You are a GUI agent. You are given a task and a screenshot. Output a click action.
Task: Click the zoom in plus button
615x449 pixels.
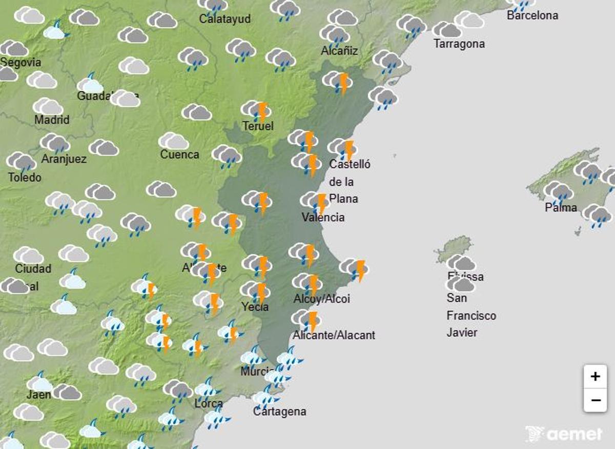[x=595, y=377]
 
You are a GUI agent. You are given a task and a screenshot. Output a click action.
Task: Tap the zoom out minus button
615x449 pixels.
[x=595, y=400]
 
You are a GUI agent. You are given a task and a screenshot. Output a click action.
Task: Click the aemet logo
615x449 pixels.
[x=564, y=434]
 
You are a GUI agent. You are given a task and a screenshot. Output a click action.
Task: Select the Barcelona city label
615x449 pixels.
[x=532, y=15]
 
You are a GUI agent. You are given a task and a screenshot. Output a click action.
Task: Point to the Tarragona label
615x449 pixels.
[x=459, y=44]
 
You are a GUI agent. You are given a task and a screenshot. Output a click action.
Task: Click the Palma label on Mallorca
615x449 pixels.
[x=561, y=208]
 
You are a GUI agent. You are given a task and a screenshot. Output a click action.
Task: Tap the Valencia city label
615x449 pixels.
[x=323, y=217]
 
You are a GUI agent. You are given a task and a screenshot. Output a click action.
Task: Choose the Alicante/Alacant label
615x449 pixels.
[x=334, y=335]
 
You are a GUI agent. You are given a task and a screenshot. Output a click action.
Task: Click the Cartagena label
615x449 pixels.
[x=279, y=412]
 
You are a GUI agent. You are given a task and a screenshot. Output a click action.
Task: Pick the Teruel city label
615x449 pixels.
[x=258, y=126]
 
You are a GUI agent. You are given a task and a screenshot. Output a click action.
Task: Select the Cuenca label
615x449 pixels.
[x=179, y=154]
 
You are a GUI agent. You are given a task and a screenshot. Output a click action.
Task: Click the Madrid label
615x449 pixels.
[x=52, y=120]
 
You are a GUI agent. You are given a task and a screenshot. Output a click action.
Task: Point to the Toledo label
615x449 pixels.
[x=25, y=178]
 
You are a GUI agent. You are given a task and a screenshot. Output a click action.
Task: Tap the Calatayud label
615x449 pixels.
[x=224, y=19]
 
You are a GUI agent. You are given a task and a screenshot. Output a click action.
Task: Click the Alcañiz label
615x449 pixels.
[x=339, y=51]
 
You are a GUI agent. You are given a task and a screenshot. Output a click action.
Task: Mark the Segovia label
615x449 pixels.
[x=20, y=63]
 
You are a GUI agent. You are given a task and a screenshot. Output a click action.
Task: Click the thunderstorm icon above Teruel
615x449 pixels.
[x=256, y=110]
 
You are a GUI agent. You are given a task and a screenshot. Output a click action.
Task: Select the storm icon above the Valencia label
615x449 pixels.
[x=315, y=201]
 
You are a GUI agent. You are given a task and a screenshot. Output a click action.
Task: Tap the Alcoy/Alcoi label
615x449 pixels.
[x=321, y=299]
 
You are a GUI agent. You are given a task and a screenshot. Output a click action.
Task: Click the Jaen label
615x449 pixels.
[x=39, y=395]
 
